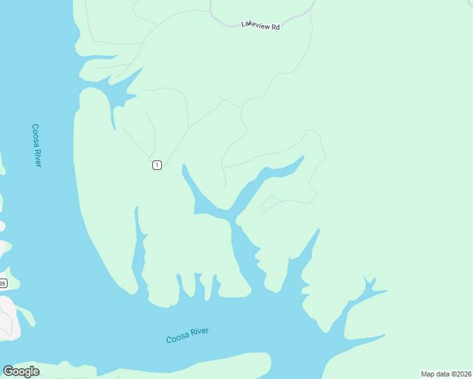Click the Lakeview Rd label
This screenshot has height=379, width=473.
click(x=260, y=26)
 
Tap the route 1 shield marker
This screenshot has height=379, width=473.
click(x=157, y=165)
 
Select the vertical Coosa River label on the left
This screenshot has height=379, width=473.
click(x=37, y=145)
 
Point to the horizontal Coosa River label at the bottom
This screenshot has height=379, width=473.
click(x=187, y=335)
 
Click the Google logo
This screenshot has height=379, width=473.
click(x=21, y=371)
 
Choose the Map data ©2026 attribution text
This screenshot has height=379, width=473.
click(x=446, y=374)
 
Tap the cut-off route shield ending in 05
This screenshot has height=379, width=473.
click(x=3, y=284)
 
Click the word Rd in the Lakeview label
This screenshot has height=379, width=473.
click(x=275, y=27)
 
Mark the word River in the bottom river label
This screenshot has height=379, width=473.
click(x=199, y=333)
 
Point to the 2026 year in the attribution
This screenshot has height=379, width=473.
click(x=463, y=374)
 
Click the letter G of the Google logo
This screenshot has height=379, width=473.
click(x=9, y=371)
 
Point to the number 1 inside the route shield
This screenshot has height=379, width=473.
click(x=157, y=165)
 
